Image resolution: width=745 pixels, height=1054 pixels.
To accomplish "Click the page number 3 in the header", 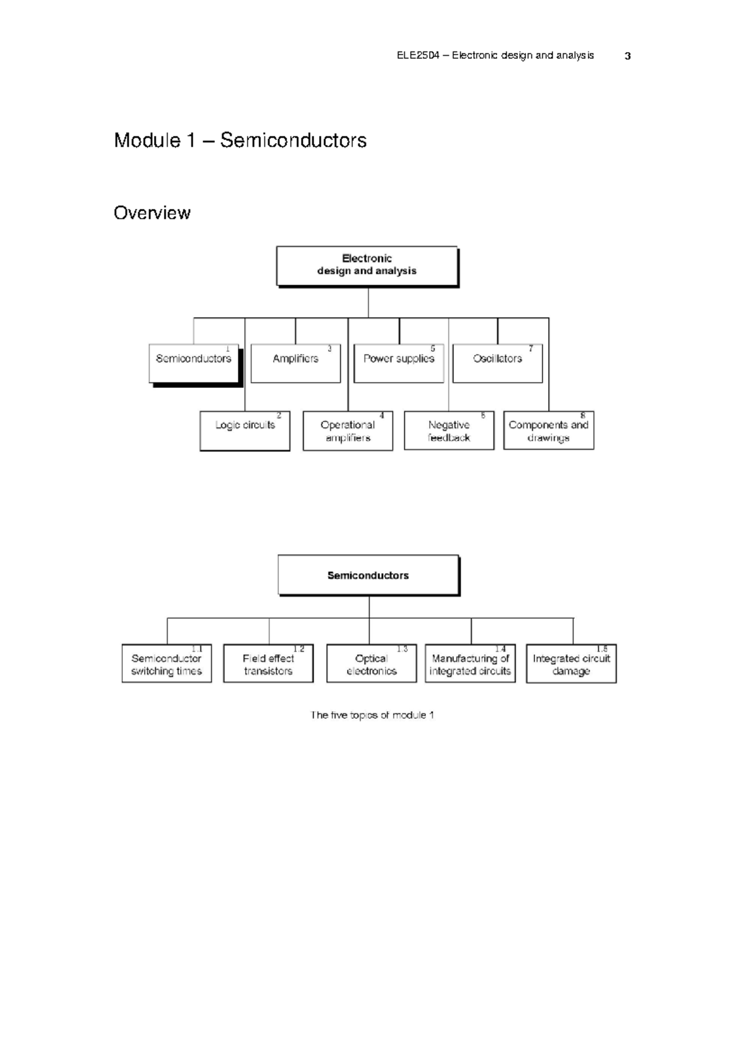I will click(x=628, y=56).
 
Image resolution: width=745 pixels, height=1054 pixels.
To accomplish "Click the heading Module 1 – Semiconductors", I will click(x=240, y=140).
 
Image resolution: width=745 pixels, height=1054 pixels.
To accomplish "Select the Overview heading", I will click(x=152, y=213).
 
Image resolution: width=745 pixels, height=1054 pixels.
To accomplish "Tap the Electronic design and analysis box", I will click(x=367, y=266).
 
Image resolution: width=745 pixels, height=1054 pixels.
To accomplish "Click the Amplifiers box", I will click(x=296, y=364).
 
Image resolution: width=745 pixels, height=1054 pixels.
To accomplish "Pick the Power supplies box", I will click(x=399, y=364).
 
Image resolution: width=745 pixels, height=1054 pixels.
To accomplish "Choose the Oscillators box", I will click(x=497, y=364).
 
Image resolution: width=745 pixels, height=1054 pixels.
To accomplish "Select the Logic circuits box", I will click(x=245, y=430).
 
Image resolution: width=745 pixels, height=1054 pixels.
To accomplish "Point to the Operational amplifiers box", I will click(x=348, y=431).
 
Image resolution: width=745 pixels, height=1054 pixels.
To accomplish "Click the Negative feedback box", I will click(x=449, y=430).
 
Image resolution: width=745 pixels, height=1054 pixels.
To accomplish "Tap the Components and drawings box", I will click(x=548, y=430).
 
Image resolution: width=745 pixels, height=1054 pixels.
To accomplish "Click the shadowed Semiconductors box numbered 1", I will click(x=194, y=364).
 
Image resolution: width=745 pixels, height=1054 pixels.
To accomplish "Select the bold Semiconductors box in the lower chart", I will click(x=368, y=575).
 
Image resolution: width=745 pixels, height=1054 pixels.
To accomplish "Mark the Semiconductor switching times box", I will click(x=166, y=664).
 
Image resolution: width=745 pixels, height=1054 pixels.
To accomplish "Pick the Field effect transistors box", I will click(x=268, y=664).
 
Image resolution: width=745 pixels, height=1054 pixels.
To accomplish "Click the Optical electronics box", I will click(x=371, y=664).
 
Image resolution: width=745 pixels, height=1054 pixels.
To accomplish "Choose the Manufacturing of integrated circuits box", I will click(x=470, y=664).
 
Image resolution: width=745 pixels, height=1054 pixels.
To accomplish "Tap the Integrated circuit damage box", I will click(x=571, y=664).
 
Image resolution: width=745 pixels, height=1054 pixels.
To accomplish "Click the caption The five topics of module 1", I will click(x=372, y=715).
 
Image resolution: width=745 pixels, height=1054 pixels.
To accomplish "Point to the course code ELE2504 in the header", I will click(x=418, y=55).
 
